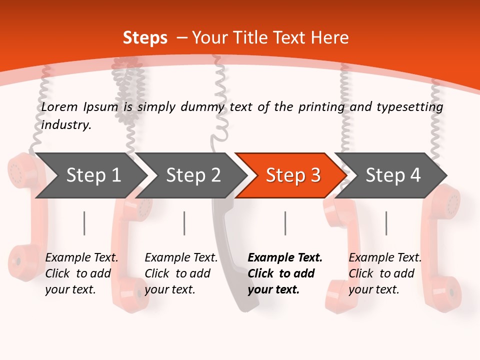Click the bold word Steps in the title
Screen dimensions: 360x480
pos(145,38)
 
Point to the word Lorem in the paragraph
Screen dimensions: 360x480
pos(59,107)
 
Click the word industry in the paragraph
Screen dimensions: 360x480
pos(66,125)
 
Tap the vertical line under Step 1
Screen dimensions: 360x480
pos(84,223)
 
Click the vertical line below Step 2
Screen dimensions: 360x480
pos(184,223)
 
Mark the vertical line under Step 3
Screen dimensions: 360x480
pos(285,223)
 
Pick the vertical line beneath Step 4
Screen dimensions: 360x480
pos(386,223)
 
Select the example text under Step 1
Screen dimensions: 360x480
pos(81,273)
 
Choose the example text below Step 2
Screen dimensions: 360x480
pos(181,273)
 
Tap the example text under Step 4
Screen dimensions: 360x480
pos(385,273)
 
